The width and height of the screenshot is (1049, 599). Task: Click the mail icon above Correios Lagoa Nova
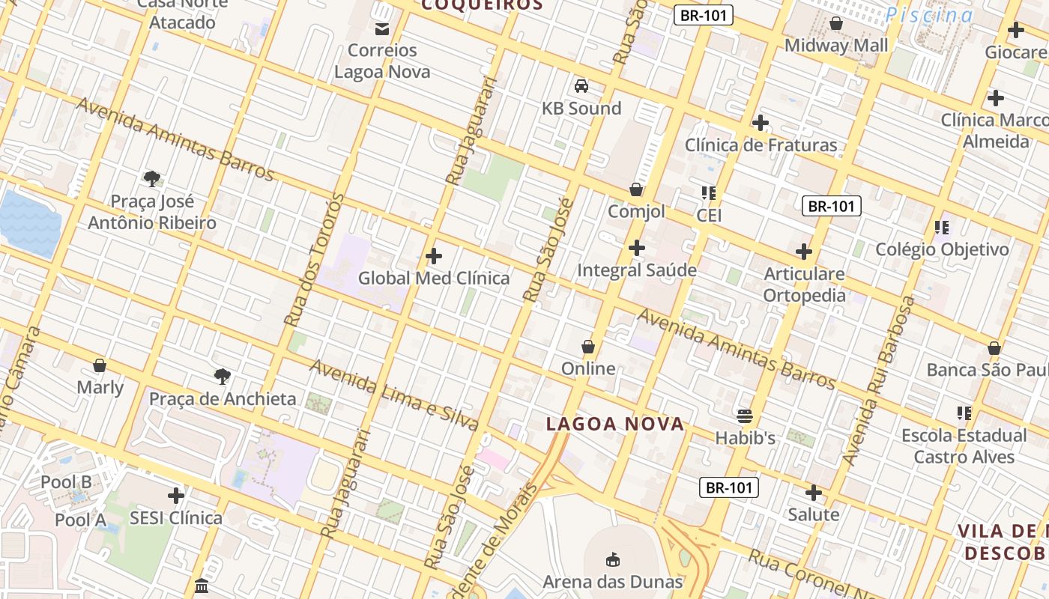point(381,28)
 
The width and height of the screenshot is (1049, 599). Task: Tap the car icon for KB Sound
point(581,86)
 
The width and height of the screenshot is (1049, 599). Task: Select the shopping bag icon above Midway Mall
point(836,24)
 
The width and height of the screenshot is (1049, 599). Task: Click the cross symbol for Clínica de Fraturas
point(761,123)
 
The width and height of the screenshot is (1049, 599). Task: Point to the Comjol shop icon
point(636,189)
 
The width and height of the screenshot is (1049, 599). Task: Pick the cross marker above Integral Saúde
point(637,248)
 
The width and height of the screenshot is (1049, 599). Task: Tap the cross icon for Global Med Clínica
point(433,257)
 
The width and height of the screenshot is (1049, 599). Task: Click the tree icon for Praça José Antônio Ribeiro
point(152,178)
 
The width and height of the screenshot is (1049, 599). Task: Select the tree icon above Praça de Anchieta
point(222,376)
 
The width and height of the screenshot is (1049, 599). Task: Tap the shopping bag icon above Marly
point(100,365)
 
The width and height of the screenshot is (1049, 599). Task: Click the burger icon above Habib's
point(744,416)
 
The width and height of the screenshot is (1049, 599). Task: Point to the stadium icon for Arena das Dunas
point(613,559)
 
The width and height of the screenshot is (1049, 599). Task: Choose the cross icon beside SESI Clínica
point(176,496)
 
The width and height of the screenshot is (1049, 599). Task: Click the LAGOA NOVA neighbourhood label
point(615,425)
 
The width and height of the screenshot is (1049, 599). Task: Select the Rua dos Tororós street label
point(314,260)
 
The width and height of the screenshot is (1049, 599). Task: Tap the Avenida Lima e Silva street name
point(393,395)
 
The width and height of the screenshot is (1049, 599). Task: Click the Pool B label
point(66,482)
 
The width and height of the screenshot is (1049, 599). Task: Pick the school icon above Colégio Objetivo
point(942,227)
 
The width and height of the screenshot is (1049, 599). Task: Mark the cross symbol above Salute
point(813,493)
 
